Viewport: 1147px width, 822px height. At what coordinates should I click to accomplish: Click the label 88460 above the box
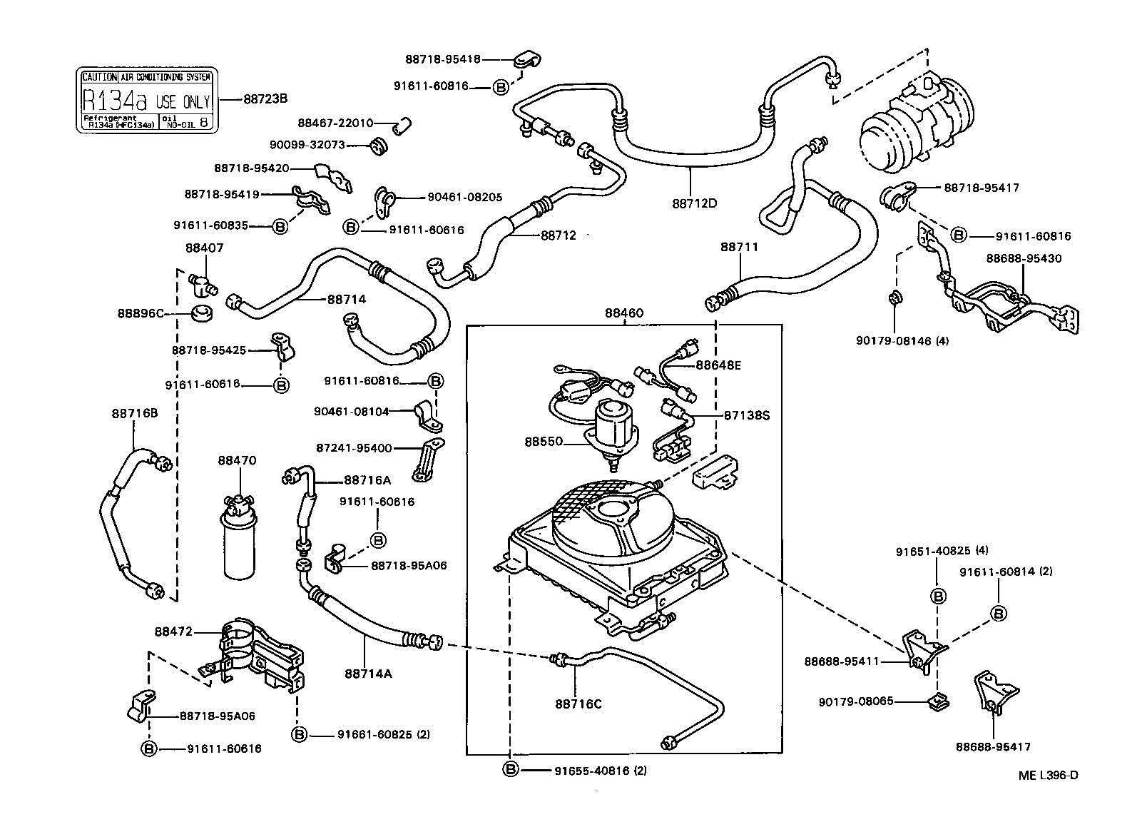[624, 313]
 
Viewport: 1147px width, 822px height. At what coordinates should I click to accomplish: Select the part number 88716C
[578, 704]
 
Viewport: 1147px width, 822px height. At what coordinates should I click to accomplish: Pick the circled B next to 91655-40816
[511, 770]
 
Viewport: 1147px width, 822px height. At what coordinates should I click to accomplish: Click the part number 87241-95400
[354, 448]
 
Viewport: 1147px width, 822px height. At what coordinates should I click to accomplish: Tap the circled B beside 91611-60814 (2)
[999, 613]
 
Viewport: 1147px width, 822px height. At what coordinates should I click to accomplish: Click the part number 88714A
[368, 673]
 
